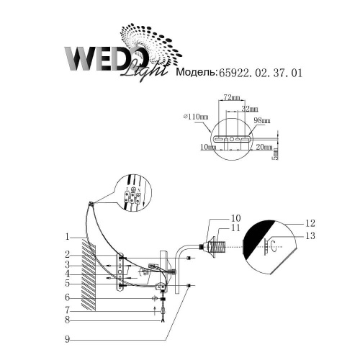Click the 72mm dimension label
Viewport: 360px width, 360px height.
[231, 97]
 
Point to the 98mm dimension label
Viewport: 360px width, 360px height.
[262, 120]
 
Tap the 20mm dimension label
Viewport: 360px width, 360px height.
[263, 146]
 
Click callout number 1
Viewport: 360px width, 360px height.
[66, 236]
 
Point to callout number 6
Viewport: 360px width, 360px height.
[66, 297]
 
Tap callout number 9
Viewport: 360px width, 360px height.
[66, 338]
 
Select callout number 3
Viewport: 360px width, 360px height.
[66, 264]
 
